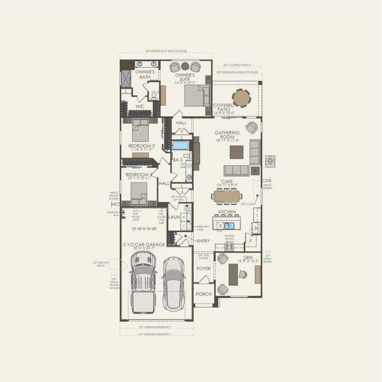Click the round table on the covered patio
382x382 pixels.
[x=242, y=97]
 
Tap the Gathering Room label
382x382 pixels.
[x=227, y=135]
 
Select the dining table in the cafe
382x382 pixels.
[x=226, y=196]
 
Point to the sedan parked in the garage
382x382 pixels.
[x=173, y=284]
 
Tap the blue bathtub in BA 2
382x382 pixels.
[x=180, y=145]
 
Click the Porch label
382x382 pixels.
[x=204, y=294]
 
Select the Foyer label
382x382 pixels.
[x=204, y=268]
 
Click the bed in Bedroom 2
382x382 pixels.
[x=140, y=131]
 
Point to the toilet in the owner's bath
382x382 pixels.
[x=154, y=96]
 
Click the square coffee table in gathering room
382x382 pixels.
[x=237, y=152]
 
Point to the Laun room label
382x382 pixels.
[x=175, y=217]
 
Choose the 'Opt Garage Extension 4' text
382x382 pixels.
[x=155, y=334]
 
